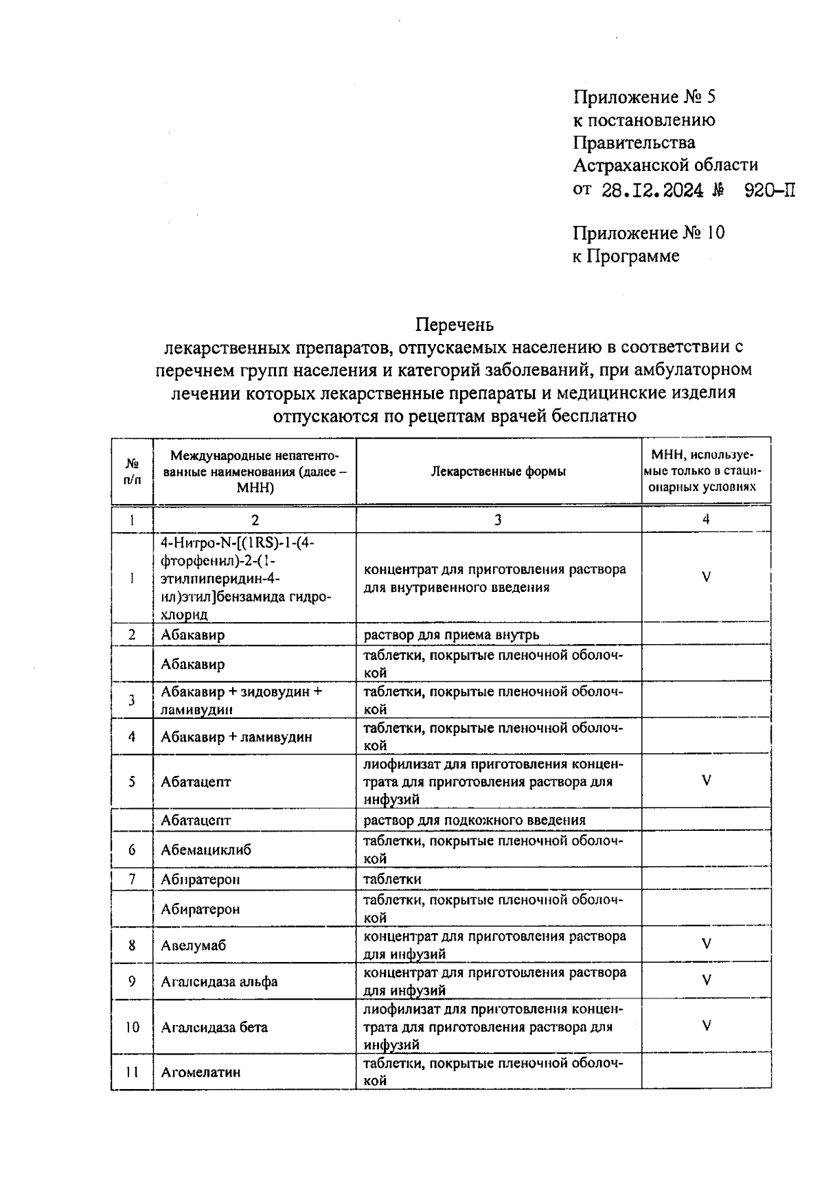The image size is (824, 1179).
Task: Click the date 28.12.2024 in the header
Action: [652, 190]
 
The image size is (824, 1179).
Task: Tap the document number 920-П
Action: [770, 190]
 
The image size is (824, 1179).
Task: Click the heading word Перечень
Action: [455, 323]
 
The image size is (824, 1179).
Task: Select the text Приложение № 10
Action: [649, 233]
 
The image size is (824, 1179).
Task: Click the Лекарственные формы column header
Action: [499, 472]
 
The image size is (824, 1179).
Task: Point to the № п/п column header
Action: [132, 472]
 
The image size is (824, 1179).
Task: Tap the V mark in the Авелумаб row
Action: [706, 944]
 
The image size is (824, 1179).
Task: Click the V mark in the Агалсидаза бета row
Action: [706, 1026]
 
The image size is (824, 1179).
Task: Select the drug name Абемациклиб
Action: [206, 850]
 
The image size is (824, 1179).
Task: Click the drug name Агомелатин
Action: [201, 1072]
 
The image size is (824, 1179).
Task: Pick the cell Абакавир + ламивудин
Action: [236, 737]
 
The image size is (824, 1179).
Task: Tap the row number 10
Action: [132, 1027]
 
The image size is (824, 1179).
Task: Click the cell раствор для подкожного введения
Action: [474, 820]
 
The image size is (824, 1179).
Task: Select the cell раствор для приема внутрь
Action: [451, 634]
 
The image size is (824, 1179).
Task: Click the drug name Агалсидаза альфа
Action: [219, 981]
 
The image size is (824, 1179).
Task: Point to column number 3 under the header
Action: [498, 520]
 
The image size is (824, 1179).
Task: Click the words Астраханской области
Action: [665, 165]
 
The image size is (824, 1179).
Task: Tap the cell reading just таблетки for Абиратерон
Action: [392, 879]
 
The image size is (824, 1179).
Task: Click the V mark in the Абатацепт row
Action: [706, 781]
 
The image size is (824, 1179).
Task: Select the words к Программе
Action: [626, 256]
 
